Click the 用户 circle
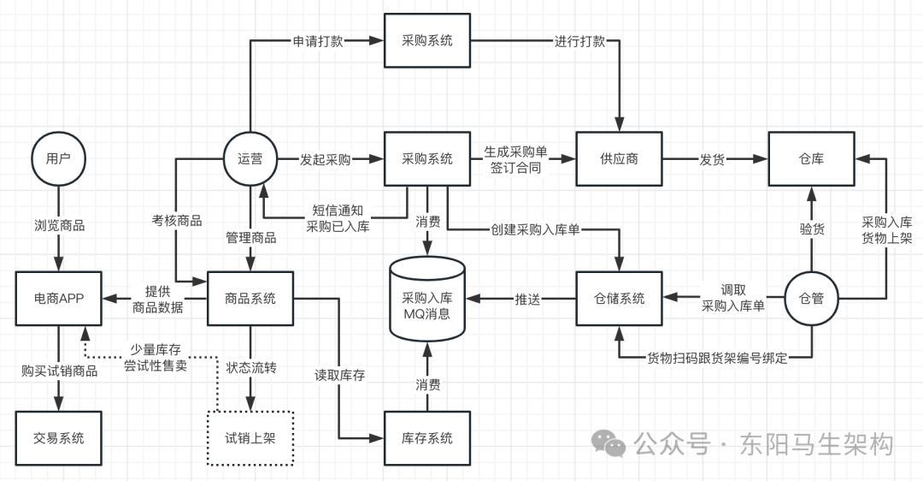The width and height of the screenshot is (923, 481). pyautogui.click(x=58, y=159)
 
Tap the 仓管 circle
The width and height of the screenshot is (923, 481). pyautogui.click(x=811, y=299)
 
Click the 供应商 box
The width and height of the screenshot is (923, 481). pyautogui.click(x=619, y=159)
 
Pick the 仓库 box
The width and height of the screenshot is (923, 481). pyautogui.click(x=811, y=159)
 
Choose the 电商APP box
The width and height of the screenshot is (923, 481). pyautogui.click(x=58, y=299)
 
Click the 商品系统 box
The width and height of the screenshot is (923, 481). pyautogui.click(x=250, y=299)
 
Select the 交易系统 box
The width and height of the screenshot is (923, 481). pyautogui.click(x=58, y=438)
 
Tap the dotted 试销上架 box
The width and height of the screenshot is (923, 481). pyautogui.click(x=250, y=438)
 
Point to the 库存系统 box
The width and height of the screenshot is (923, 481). pyautogui.click(x=427, y=438)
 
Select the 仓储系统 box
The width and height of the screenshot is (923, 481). pyautogui.click(x=619, y=299)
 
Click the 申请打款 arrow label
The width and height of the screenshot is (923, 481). pyautogui.click(x=318, y=40)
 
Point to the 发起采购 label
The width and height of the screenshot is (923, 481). pyautogui.click(x=325, y=159)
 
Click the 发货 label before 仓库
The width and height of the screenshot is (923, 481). pyautogui.click(x=714, y=159)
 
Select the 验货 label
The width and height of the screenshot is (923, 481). pyautogui.click(x=811, y=228)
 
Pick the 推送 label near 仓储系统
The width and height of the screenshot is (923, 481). pyautogui.click(x=527, y=299)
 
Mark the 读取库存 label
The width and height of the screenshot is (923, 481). pyautogui.click(x=339, y=374)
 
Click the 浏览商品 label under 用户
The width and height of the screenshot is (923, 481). pyautogui.click(x=58, y=227)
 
